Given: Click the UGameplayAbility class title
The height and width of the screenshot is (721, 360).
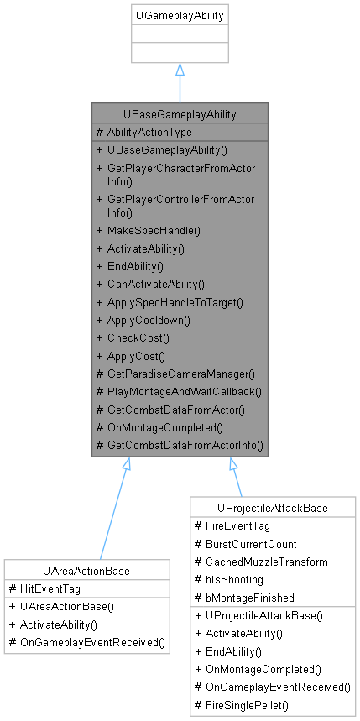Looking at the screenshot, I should coord(179,16).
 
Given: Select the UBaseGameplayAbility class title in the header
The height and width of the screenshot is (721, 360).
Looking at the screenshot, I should coord(180,113).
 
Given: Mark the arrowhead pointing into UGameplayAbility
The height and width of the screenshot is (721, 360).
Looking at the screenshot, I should coord(180,71).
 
